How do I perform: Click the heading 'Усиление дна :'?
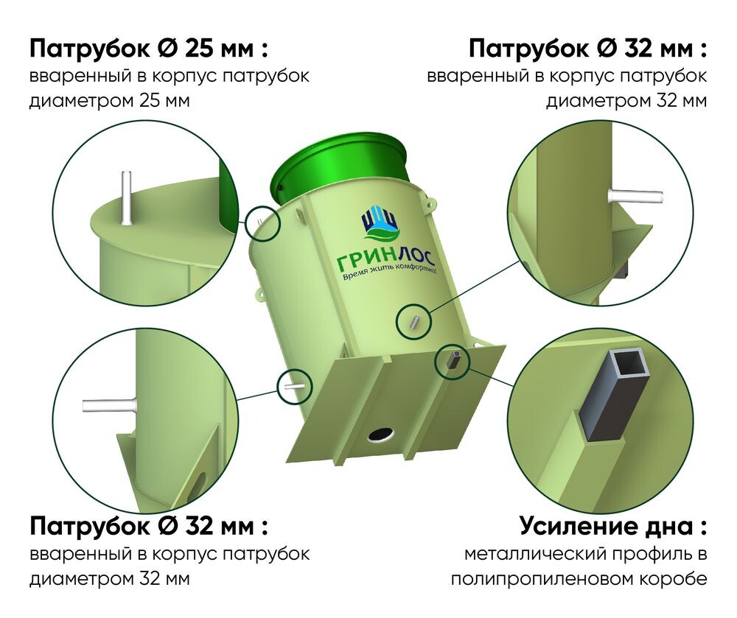613,527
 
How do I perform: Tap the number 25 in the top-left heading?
199,49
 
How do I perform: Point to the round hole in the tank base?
382,435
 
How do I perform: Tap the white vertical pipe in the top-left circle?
126,197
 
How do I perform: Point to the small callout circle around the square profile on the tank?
453,361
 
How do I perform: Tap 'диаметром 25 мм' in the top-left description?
109,100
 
